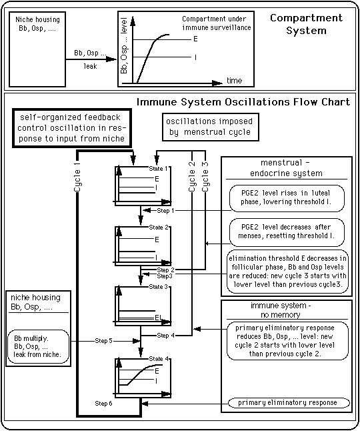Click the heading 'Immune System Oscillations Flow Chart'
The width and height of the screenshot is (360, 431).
[x=243, y=102]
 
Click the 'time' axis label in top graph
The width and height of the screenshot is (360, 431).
[x=234, y=80]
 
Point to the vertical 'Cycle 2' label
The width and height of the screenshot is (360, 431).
[x=191, y=177]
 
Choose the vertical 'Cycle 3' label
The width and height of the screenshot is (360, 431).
[x=205, y=177]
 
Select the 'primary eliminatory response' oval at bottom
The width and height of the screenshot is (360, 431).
[x=288, y=403]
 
